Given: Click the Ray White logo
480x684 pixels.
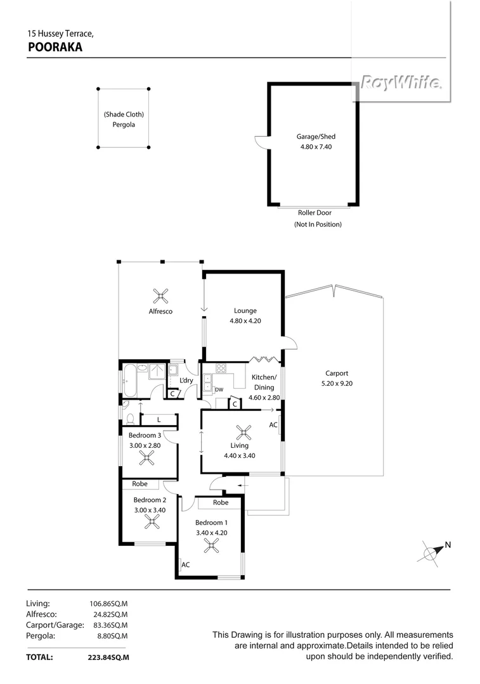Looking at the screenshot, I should click(401, 82).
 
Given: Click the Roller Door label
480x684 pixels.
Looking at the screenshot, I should click(315, 213).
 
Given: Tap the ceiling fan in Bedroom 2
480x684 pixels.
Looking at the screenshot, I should click(152, 521).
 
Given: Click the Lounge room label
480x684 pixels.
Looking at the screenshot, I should click(245, 310).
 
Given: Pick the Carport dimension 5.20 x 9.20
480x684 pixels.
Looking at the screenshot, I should click(337, 383).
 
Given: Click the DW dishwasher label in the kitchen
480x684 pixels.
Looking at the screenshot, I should click(219, 389).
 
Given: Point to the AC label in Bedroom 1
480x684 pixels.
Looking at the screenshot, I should click(186, 564).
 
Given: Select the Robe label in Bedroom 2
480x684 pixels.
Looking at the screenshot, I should click(139, 484).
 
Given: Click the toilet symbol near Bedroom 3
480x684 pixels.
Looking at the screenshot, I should click(131, 419).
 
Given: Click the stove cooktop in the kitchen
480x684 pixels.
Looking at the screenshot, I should click(221, 369).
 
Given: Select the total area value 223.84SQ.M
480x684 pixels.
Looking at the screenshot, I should click(108, 657).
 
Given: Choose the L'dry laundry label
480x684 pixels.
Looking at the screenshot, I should click(186, 380).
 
